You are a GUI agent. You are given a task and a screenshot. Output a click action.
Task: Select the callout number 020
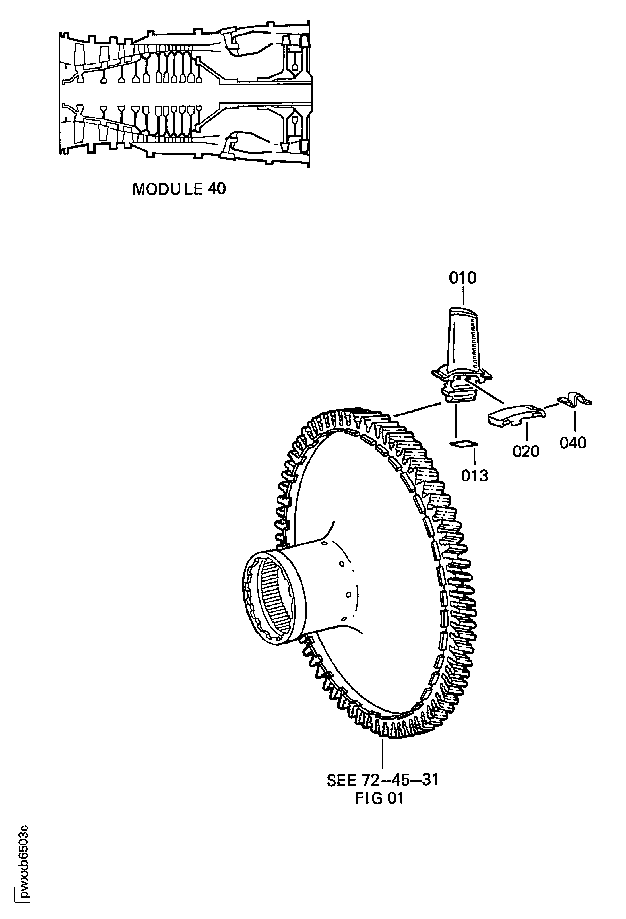point(526,451)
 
